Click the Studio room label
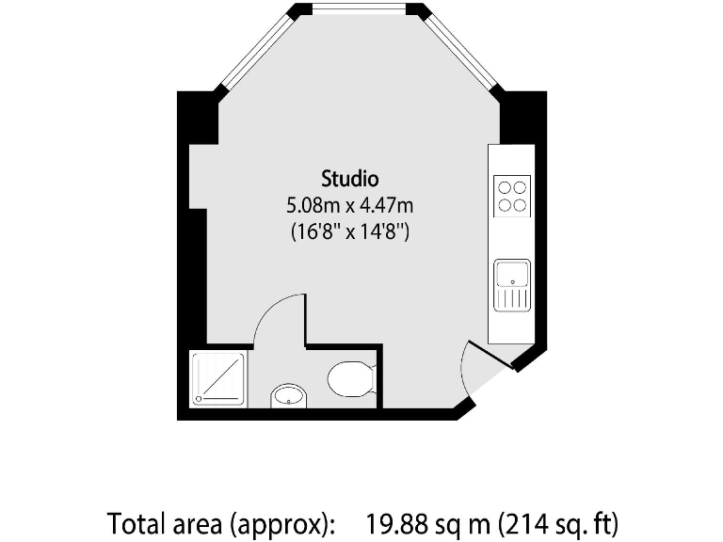pos(349,177)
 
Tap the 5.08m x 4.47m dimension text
pos(349,204)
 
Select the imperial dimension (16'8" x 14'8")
pos(349,231)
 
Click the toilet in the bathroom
pos(351,379)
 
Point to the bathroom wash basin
pos(288,397)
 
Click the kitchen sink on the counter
pos(512,276)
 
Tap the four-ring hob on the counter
pos(512,196)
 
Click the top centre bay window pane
pos(359,8)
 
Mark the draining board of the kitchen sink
pos(512,298)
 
